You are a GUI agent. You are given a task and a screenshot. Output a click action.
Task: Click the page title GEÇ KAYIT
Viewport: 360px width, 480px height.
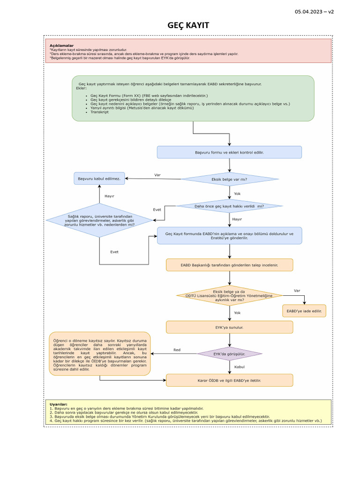point(188,25)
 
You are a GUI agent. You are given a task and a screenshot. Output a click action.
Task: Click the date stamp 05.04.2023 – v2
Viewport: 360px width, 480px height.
point(314,11)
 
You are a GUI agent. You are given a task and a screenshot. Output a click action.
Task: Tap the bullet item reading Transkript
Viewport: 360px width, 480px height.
point(99,112)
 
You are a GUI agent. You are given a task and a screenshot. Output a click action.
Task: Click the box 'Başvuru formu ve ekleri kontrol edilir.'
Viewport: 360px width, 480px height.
point(229,152)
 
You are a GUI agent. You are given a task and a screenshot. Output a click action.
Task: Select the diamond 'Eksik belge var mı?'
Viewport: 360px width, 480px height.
point(230,179)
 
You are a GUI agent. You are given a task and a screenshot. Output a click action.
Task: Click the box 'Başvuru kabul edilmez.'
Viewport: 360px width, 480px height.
point(99,179)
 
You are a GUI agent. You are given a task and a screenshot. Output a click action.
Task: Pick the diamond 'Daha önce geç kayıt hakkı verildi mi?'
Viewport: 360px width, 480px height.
point(229,206)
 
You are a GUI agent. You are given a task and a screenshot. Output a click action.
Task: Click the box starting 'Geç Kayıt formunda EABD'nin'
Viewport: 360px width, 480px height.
point(229,236)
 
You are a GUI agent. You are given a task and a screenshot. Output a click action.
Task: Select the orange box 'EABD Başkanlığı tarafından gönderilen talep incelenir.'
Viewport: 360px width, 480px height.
point(229,265)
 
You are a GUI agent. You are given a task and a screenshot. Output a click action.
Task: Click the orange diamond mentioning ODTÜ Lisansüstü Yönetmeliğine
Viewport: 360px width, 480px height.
point(229,295)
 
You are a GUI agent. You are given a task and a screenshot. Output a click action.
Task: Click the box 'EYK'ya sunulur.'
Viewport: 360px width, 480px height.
point(229,327)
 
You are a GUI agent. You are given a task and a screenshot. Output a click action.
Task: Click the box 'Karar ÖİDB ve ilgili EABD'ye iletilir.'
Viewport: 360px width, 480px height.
point(229,380)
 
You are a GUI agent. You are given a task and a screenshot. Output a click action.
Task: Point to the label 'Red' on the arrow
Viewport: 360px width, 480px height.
point(177,350)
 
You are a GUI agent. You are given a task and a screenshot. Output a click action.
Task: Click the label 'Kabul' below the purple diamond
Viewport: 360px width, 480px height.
point(240,367)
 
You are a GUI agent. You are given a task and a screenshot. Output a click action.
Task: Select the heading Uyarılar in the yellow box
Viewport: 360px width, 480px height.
point(59,404)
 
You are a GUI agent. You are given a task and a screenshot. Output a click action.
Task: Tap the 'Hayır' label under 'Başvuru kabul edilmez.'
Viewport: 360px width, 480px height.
point(109,196)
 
